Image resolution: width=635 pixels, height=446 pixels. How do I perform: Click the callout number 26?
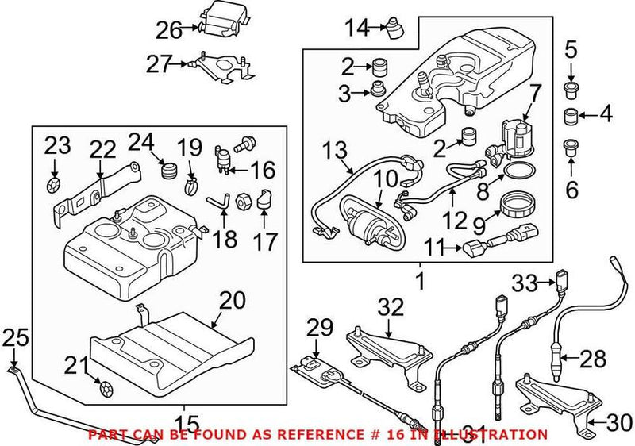[x=168, y=30]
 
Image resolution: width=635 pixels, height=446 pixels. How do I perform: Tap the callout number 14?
[x=357, y=29]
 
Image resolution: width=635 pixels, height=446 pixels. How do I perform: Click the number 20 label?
[x=233, y=300]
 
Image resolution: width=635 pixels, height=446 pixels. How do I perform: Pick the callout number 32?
[x=391, y=307]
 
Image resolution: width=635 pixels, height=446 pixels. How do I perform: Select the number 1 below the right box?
[x=420, y=279]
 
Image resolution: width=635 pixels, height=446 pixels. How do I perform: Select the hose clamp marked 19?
[x=190, y=188]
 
